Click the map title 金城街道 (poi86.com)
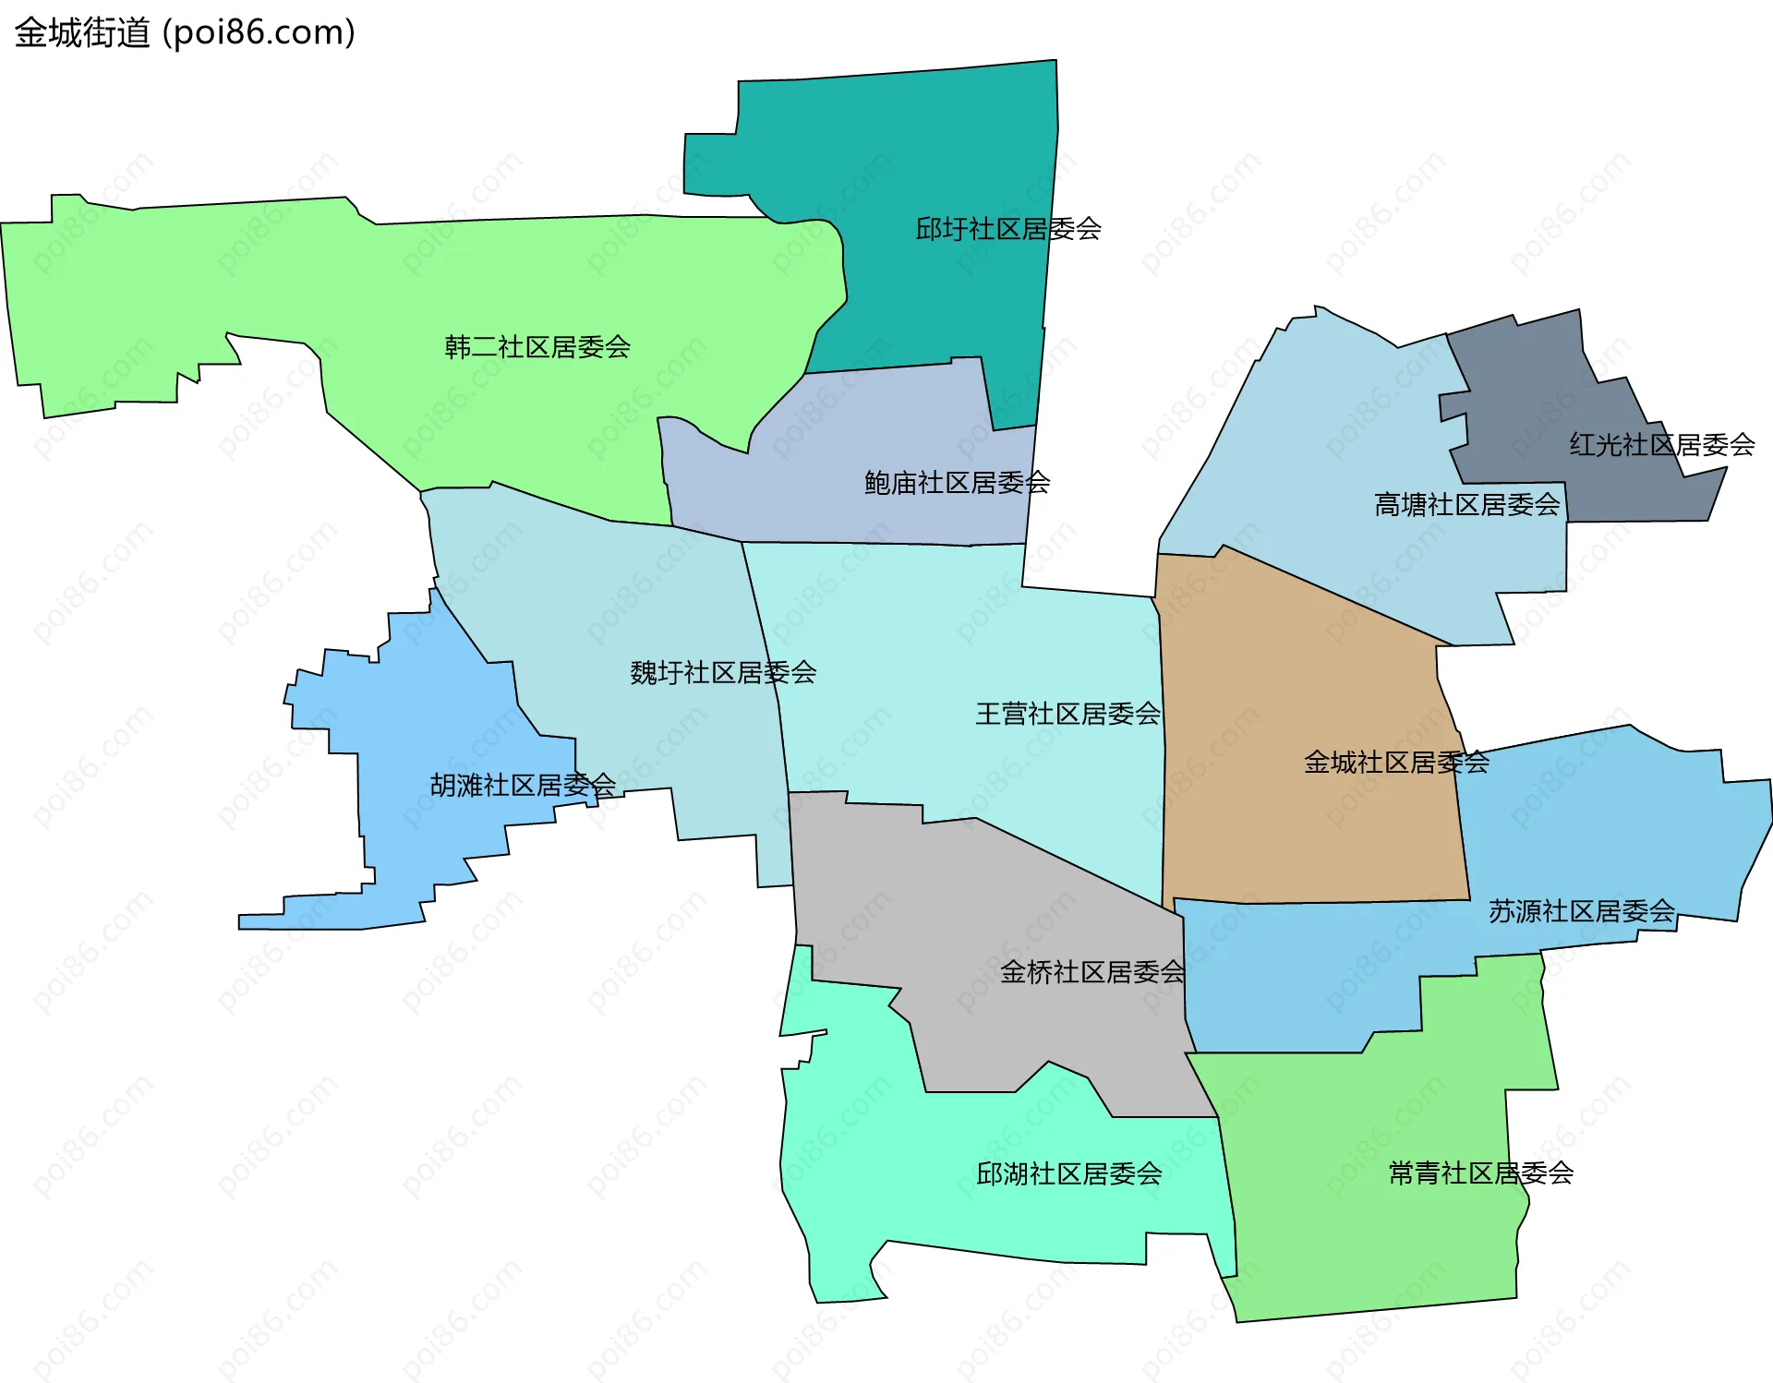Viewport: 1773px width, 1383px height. coord(185,33)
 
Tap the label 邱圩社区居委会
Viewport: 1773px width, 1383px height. coord(1007,229)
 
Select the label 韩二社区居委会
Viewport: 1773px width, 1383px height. coord(537,347)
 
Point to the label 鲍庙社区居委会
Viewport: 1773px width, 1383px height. coord(957,483)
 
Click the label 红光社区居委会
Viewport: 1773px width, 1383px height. coord(1661,445)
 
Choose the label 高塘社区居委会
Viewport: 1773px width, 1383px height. coord(1466,505)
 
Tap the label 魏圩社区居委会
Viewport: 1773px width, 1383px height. coord(723,673)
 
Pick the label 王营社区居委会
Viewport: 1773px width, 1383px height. coord(1067,714)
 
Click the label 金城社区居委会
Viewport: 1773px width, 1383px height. coord(1395,763)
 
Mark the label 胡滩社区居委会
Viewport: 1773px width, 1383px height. coord(523,786)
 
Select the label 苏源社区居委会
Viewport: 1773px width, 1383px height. coord(1581,912)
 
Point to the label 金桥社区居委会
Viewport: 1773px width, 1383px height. coord(1092,972)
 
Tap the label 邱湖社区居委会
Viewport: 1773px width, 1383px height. coord(1068,1174)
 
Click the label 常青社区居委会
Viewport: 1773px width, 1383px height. coord(1480,1173)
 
